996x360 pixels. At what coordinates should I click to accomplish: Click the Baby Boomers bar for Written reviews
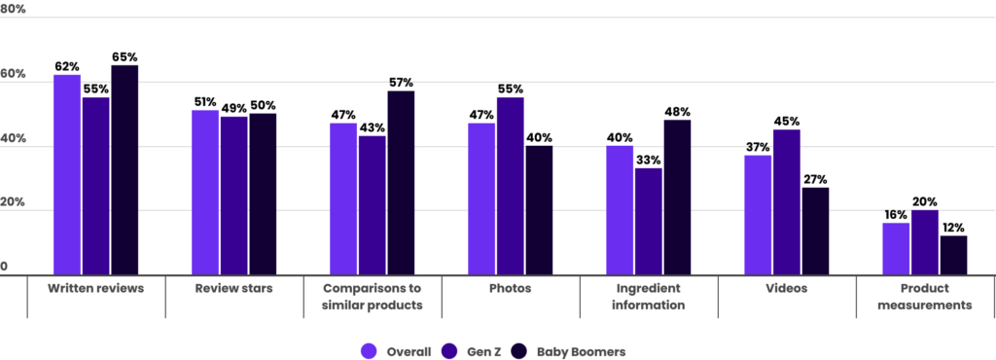124,170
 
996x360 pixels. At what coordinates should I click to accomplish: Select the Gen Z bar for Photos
510,186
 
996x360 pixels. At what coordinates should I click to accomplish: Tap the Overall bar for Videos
758,215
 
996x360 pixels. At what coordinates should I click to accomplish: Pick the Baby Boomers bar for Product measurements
953,255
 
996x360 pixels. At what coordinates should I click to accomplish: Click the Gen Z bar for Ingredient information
648,222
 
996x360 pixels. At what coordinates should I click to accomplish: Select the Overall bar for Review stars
205,193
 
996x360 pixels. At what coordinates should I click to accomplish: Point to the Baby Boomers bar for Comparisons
401,183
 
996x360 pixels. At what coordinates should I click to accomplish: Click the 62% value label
67,67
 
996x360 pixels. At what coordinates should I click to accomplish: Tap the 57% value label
401,83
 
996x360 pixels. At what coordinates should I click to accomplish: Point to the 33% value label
649,161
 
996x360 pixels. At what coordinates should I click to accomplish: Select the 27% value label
816,179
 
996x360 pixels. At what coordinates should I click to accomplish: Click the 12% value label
953,228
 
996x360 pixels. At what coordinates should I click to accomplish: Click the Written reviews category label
95,289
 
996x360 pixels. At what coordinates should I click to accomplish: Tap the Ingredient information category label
648,297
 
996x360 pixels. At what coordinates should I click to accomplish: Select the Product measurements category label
924,297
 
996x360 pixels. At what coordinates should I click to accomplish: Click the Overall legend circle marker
369,351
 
